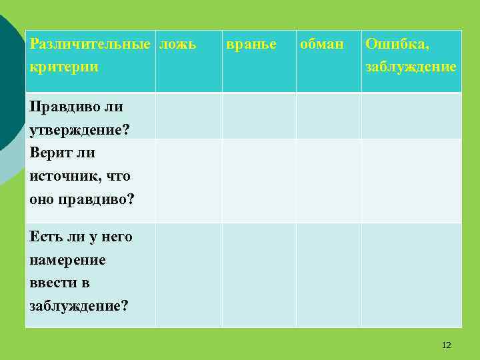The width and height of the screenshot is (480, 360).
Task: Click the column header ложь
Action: pos(178,45)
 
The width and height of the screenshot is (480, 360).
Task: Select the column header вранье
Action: pos(251,45)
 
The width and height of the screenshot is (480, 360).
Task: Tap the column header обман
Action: pos(322,45)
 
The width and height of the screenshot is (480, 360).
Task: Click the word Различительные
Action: pos(90,45)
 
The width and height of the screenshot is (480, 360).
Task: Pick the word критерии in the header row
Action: pos(64,67)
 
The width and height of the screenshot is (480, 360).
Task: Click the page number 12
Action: pos(446,345)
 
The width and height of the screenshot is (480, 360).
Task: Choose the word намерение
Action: pos(68,260)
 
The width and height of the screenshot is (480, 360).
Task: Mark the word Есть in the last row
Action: pos(45,237)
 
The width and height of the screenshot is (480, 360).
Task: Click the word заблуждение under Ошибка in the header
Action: pos(411,67)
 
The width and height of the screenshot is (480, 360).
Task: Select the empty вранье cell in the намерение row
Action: pos(259,275)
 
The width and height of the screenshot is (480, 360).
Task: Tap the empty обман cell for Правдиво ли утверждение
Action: pos(329,116)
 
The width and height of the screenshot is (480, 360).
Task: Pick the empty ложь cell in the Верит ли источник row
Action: pos(189,180)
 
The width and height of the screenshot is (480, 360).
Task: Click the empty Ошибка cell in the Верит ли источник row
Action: pos(411,180)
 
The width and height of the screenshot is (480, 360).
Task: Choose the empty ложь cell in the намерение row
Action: pos(189,275)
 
